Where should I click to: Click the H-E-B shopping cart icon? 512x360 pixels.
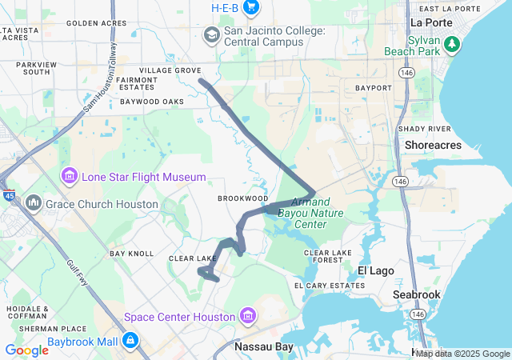click(252, 7)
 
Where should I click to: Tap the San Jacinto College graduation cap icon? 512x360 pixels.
click(211, 34)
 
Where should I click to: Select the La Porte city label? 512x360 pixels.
click(431, 22)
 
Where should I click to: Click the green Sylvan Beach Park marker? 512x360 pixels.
click(454, 43)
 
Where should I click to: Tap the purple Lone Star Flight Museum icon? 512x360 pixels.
click(69, 176)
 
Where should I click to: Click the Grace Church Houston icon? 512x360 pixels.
click(34, 203)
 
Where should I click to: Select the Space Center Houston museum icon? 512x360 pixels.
click(247, 316)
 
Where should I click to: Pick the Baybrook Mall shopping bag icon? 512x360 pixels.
click(130, 342)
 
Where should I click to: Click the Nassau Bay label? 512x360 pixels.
click(263, 347)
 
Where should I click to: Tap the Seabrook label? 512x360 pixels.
click(416, 294)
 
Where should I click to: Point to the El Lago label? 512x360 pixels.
click(375, 270)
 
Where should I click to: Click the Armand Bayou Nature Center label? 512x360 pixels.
click(302, 213)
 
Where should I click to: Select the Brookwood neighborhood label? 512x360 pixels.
click(242, 198)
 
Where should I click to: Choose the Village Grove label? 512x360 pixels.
click(170, 70)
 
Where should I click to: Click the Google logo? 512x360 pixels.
click(26, 350)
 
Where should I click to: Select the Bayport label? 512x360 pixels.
click(373, 87)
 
